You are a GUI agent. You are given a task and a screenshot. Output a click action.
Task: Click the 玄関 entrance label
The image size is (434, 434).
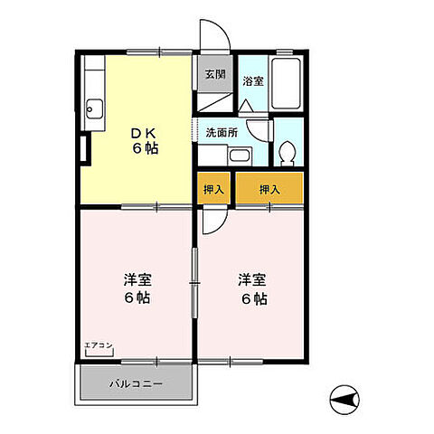(x=215, y=75)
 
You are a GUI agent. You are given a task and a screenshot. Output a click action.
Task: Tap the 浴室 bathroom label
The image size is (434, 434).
(x=252, y=81)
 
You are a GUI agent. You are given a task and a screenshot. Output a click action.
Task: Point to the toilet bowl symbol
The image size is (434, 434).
(x=288, y=153)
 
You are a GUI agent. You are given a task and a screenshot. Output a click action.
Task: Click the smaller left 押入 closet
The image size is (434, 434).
(x=214, y=190)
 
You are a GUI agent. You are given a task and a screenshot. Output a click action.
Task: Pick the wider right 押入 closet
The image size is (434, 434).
(x=269, y=190)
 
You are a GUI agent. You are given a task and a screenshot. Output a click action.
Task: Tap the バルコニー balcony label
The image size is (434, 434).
(x=137, y=383)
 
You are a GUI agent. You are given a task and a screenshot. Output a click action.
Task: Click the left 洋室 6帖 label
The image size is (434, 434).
(x=137, y=288)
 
